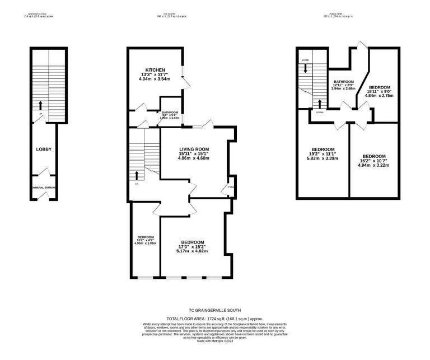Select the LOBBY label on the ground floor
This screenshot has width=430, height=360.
44,149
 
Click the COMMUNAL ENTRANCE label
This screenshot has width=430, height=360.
43,188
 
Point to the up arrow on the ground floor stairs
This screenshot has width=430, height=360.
41,104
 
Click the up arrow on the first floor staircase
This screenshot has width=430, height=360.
137,175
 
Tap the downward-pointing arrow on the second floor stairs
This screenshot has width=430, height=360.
306,68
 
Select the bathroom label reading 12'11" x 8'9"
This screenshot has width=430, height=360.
343,82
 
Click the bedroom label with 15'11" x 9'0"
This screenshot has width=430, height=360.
380,88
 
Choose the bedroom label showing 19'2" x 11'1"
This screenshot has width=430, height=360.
323,149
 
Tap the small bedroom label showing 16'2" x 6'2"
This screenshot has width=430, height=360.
145,237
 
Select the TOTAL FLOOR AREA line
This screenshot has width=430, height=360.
215,318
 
